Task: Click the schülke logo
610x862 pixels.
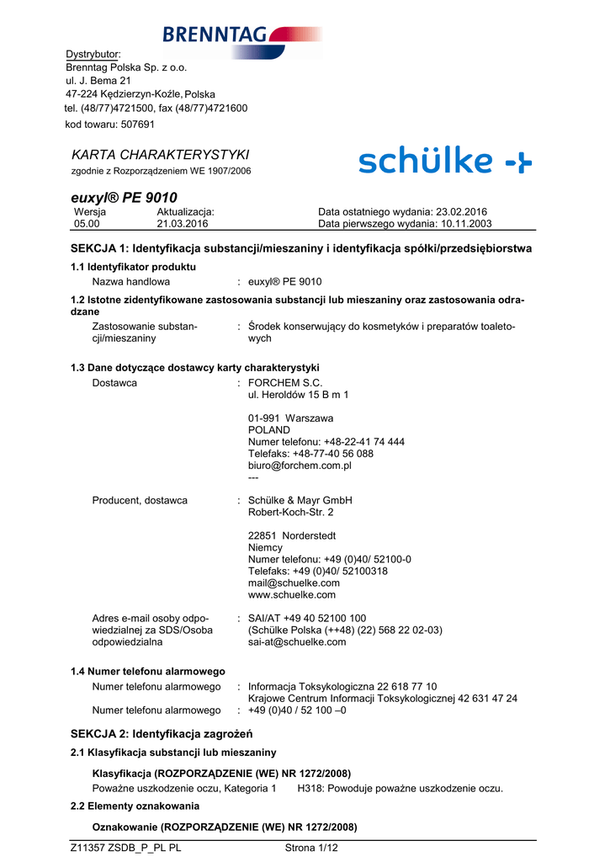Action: (444, 162)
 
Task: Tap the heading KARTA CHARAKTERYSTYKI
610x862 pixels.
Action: (161, 155)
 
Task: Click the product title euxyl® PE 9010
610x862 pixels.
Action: (124, 197)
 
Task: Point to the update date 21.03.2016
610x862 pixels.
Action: (183, 224)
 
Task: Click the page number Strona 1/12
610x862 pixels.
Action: (311, 849)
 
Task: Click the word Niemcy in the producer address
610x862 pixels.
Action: (265, 547)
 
